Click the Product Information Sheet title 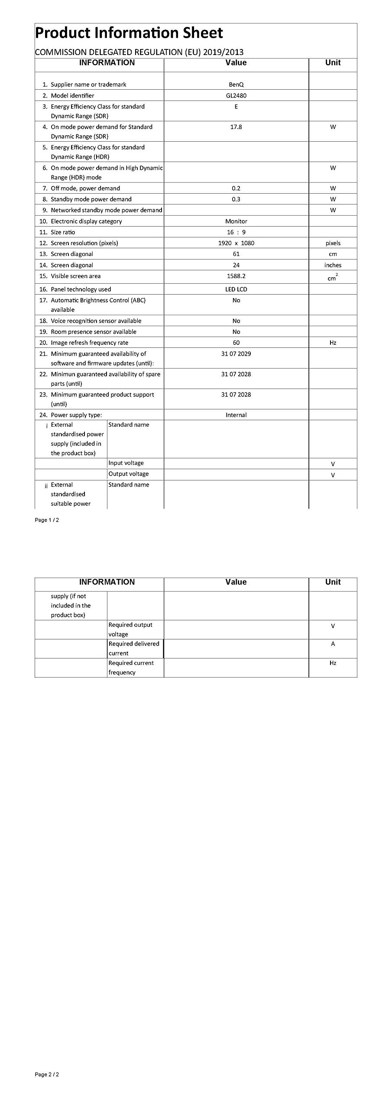129,33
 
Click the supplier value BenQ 236,84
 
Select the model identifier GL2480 236,96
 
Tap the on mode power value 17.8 236,127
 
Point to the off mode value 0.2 236,188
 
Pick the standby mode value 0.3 236,199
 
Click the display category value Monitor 236,221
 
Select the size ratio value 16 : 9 236,232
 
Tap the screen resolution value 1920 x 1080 236,243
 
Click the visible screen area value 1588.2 236,276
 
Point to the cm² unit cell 333,277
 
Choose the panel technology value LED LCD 236,289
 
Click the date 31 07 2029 236,354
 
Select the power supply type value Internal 236,415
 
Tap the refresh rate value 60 236,343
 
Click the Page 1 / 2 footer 47,520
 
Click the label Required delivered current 134,649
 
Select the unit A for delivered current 333,644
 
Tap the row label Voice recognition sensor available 96,321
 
